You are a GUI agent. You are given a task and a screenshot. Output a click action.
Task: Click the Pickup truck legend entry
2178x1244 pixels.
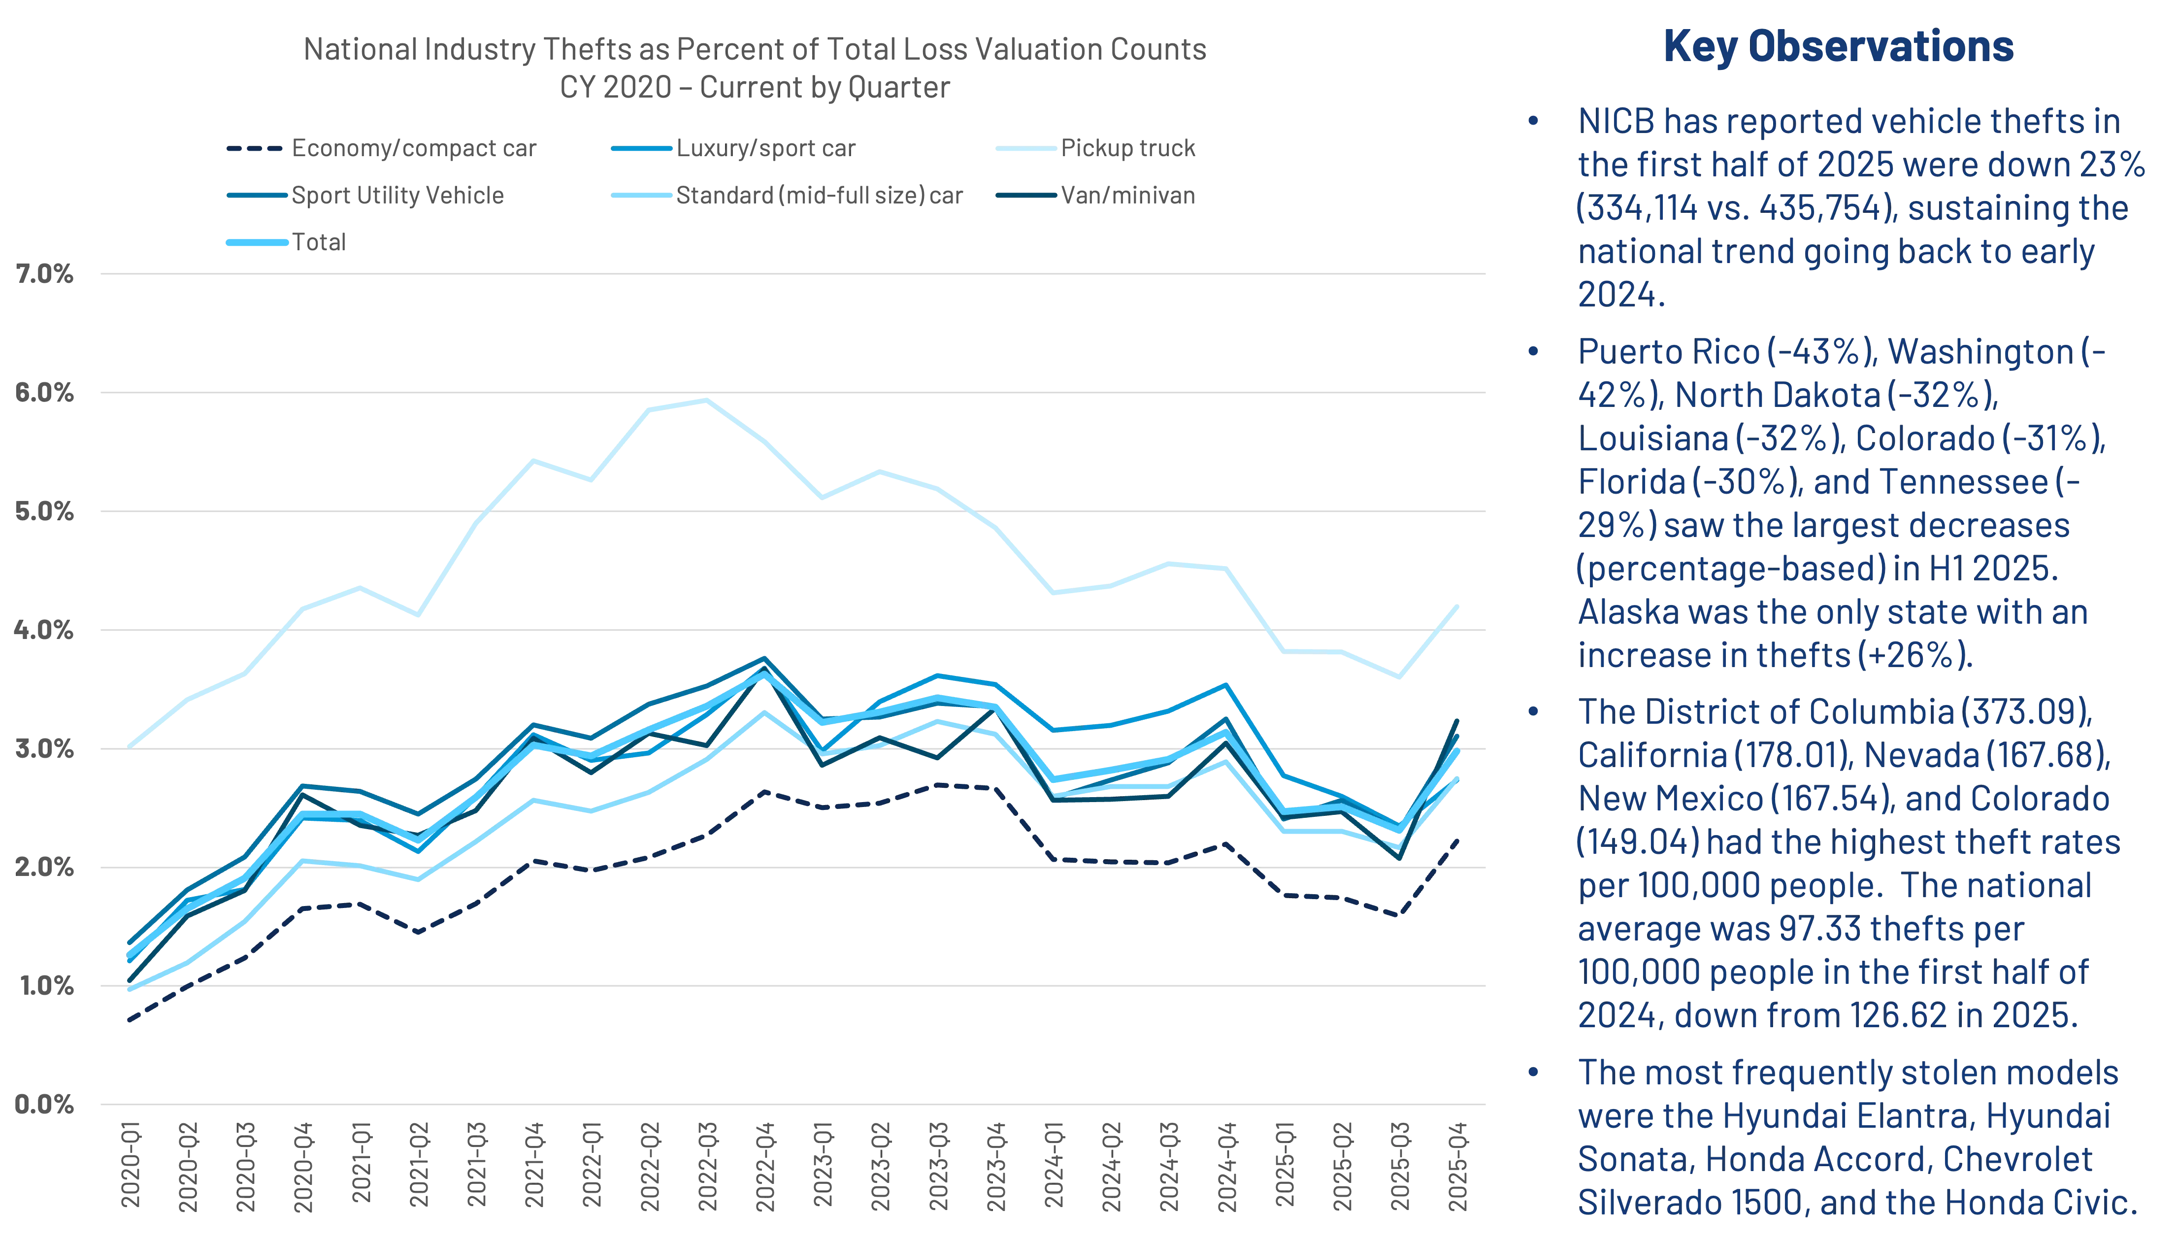coord(1127,149)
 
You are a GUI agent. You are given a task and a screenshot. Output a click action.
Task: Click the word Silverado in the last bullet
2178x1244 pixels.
coord(1640,1204)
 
